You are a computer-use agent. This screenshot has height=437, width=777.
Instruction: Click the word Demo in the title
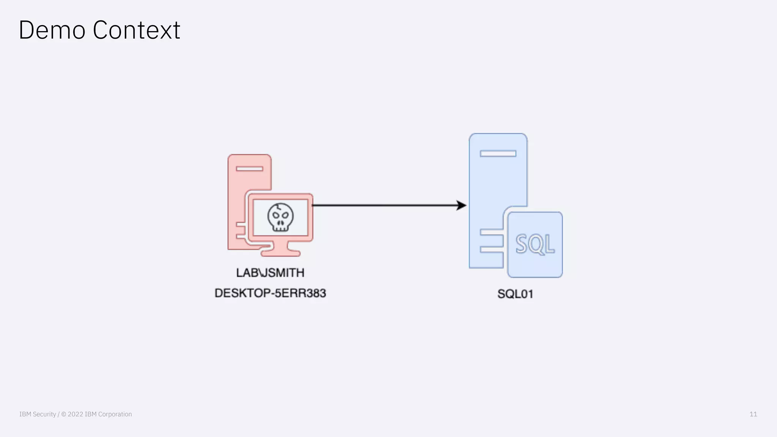click(x=52, y=30)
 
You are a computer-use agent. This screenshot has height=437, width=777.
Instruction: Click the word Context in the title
click(x=136, y=30)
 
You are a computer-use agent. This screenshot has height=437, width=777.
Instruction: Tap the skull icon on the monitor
click(x=280, y=217)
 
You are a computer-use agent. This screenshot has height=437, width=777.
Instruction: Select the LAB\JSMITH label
click(x=270, y=273)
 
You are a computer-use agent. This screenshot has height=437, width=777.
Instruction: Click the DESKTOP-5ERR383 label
click(x=270, y=293)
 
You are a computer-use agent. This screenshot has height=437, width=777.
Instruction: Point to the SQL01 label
click(x=515, y=294)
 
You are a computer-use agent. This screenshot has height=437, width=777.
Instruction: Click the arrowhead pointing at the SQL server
click(x=461, y=205)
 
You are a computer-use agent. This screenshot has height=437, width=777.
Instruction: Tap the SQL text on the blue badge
click(x=535, y=244)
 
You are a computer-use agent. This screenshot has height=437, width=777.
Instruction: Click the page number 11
click(x=753, y=414)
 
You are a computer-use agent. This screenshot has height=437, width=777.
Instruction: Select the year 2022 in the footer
click(x=75, y=414)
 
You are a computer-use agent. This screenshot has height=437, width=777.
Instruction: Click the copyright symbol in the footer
click(x=64, y=414)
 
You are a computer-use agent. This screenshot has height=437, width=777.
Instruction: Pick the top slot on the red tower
click(x=249, y=168)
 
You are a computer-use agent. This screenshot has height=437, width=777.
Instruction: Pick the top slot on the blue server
click(x=498, y=153)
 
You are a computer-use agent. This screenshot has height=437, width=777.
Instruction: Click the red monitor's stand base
click(x=280, y=253)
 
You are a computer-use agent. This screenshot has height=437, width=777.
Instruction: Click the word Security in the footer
click(x=44, y=414)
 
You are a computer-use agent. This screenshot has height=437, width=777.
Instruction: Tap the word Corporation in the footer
click(x=115, y=414)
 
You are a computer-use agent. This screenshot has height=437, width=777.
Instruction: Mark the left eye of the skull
click(x=276, y=215)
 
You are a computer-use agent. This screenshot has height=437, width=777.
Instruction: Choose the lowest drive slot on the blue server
click(x=492, y=250)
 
